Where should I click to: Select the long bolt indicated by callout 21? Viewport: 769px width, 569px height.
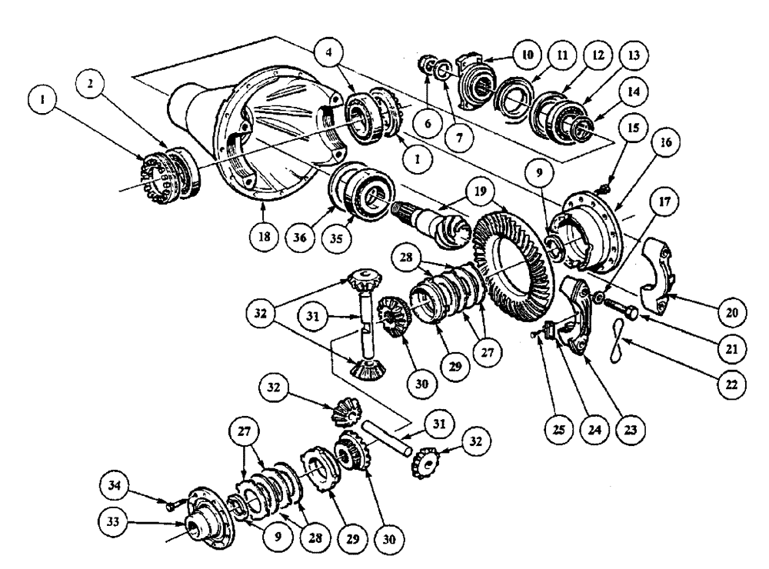(x=621, y=312)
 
